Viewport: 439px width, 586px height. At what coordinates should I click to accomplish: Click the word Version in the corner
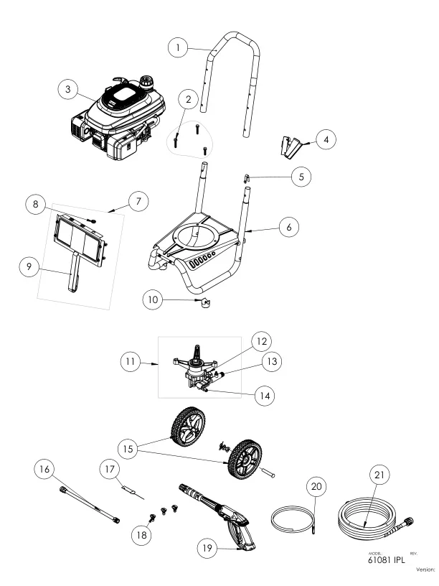pos(424,569)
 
